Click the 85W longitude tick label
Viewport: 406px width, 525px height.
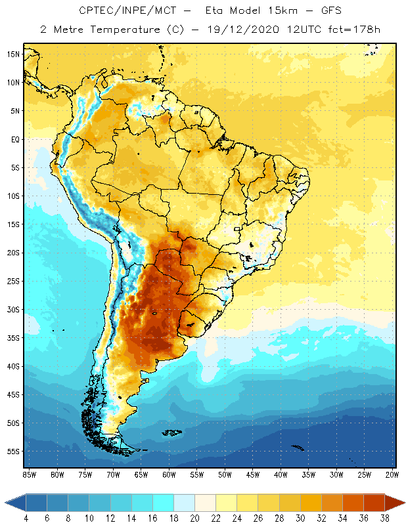pyautogui.click(x=29, y=474)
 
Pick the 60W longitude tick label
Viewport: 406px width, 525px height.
pyautogui.click(x=169, y=474)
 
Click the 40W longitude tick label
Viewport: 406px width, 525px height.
pyautogui.click(x=281, y=474)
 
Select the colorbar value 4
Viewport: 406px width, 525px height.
pyautogui.click(x=26, y=518)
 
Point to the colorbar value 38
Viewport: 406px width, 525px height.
pyautogui.click(x=383, y=518)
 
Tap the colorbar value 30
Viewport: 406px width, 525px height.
pyautogui.click(x=299, y=518)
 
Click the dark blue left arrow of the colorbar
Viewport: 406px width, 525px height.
pyautogui.click(x=15, y=503)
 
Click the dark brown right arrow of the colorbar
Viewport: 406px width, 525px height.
pyautogui.click(x=395, y=503)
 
